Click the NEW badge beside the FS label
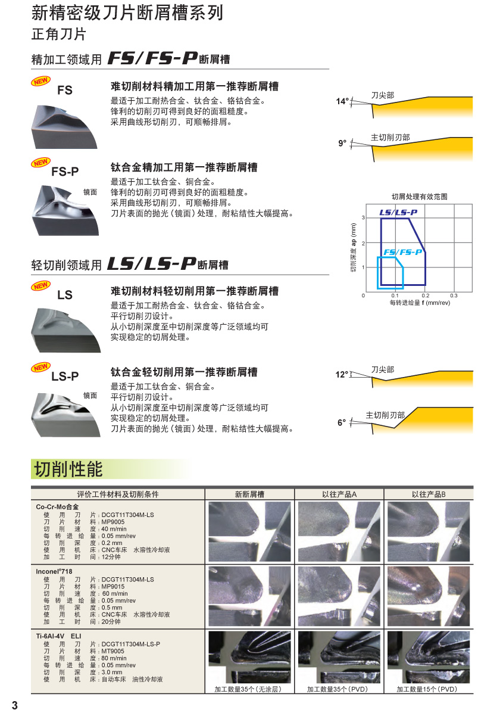tap(40, 81)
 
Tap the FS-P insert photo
tap(65, 210)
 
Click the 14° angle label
tap(342, 101)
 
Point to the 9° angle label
tap(342, 143)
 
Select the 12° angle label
tap(342, 374)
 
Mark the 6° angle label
tap(342, 422)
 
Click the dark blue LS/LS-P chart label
tap(398, 212)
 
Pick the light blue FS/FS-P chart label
tap(402, 252)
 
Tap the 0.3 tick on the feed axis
tap(454, 295)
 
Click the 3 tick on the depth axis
tap(363, 217)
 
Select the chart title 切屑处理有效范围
tap(419, 197)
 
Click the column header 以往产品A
tap(339, 494)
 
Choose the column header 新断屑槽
tap(249, 494)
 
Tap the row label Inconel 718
tap(54, 571)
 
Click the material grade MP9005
tap(113, 522)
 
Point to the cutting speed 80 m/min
tap(114, 658)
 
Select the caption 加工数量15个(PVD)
tap(427, 689)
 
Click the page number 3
tap(15, 705)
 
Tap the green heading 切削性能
tap(68, 469)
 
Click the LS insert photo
tap(66, 330)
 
